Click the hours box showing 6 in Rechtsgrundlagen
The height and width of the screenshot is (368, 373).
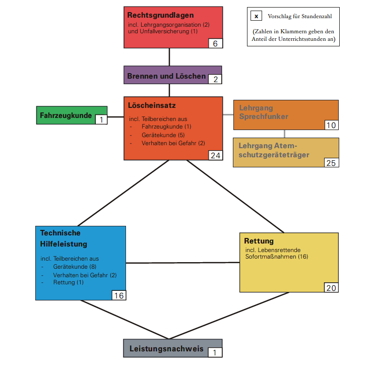tap(215, 43)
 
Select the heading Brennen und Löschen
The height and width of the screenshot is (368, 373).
tap(166, 76)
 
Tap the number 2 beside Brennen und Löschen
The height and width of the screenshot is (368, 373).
tap(215, 79)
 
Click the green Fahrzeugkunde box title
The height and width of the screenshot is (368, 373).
tap(66, 115)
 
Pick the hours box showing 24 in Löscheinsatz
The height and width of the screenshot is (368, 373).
tap(215, 155)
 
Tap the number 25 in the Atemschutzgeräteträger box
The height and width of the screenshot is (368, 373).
tap(331, 163)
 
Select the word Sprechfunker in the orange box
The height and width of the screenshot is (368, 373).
tap(264, 116)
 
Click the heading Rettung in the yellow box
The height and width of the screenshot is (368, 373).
tap(259, 240)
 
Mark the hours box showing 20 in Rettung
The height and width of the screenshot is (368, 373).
tap(331, 288)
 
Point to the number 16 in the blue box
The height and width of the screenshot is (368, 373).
tap(118, 295)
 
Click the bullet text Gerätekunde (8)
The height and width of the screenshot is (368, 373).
tap(75, 266)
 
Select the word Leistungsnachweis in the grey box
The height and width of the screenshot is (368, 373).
tap(166, 348)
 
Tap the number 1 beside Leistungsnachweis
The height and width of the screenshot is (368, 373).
tap(215, 352)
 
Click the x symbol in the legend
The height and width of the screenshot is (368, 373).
tap(256, 16)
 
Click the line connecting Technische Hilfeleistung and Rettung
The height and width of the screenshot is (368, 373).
tap(182, 263)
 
